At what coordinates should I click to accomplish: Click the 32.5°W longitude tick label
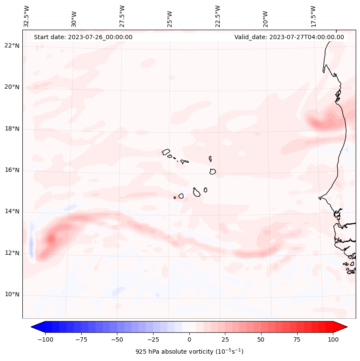coord(27,16)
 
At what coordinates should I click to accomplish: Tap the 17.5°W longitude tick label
coord(314,16)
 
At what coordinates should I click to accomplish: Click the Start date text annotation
coord(83,37)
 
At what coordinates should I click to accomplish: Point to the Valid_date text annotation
coord(289,37)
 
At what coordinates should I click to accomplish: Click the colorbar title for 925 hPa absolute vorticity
coord(189,352)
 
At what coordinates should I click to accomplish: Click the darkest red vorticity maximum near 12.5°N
coord(52,238)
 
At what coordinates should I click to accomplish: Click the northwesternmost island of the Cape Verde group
coord(166,152)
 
